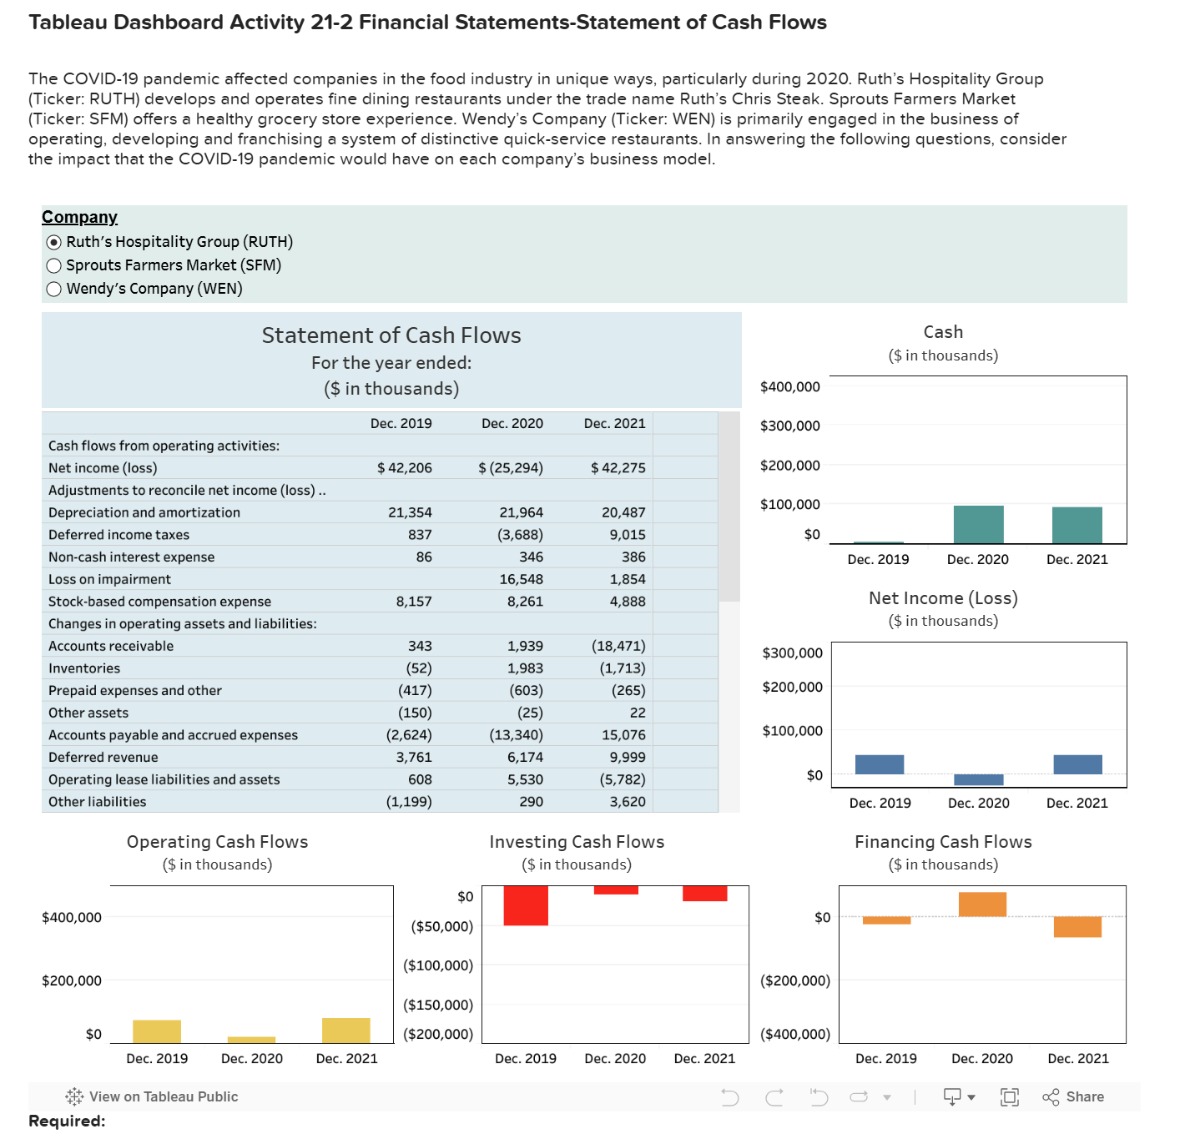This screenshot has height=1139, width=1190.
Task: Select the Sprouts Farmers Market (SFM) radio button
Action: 54,265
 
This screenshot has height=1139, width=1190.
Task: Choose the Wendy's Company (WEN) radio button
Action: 54,289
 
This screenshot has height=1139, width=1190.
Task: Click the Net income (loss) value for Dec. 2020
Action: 511,468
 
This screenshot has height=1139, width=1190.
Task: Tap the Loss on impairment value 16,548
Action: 521,579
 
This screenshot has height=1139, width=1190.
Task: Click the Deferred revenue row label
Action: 103,758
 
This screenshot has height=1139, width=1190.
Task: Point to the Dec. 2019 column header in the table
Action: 401,424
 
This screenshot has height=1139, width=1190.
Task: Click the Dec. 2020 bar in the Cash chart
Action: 978,525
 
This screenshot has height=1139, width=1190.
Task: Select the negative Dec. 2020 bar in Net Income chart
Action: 978,780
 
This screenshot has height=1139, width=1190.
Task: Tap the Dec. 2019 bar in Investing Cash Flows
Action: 526,905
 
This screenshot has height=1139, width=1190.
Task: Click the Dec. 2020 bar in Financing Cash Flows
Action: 982,905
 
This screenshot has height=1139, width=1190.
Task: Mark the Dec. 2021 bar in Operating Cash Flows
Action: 346,1031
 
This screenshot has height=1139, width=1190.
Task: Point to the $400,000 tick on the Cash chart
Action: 789,387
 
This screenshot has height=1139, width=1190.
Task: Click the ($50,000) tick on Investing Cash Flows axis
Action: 441,926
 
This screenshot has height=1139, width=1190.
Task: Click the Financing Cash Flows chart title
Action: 943,842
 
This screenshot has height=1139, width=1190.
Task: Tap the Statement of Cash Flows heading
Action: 391,335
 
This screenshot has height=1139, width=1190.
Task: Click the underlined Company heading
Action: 79,217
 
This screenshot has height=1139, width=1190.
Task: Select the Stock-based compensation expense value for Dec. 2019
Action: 413,602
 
